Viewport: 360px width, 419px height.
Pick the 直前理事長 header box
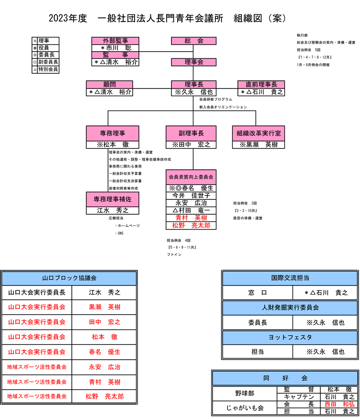pyautogui.click(x=261, y=84)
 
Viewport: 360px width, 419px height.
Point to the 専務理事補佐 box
pyautogui.click(x=112, y=199)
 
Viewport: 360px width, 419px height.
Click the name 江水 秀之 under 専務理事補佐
pyautogui.click(x=112, y=210)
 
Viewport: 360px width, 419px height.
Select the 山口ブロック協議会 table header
pyautogui.click(x=69, y=278)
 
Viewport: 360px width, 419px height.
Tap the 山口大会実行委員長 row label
pyautogui.click(x=37, y=293)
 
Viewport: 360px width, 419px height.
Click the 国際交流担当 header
pyautogui.click(x=290, y=277)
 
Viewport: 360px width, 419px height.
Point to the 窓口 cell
pyautogui.click(x=257, y=293)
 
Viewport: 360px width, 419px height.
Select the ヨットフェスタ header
pyautogui.click(x=290, y=338)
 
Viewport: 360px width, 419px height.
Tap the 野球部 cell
pyautogui.click(x=244, y=393)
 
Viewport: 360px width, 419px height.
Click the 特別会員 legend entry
pyautogui.click(x=48, y=69)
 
